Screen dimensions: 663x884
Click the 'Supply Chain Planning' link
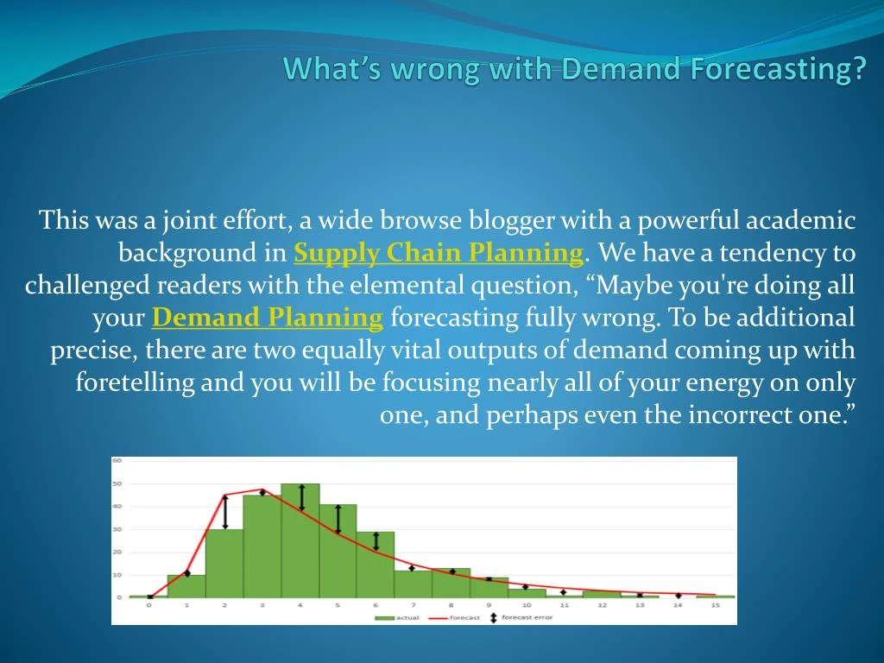(439, 253)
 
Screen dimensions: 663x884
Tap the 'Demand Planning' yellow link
(267, 318)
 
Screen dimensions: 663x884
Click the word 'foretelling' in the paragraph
(135, 382)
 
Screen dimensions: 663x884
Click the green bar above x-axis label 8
(451, 583)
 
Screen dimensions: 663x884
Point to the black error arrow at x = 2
(225, 512)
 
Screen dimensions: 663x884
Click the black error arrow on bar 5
(338, 519)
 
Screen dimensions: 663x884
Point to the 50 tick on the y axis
(117, 483)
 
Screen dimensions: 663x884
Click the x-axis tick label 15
(716, 606)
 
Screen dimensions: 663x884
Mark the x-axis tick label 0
(148, 606)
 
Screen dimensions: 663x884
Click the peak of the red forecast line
(262, 489)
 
